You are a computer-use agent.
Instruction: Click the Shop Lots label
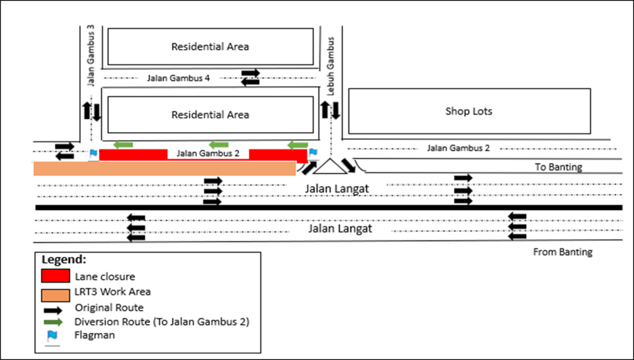[x=469, y=112]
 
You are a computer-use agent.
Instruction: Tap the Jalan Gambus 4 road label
[x=179, y=78]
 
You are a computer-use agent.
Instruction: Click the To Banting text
[x=558, y=167]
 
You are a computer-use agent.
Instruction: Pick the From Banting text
[x=563, y=252]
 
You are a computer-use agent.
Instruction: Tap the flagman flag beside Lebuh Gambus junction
[x=313, y=152]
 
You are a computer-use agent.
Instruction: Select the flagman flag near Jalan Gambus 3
[x=93, y=152]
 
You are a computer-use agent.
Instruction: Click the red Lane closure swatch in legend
[x=55, y=276]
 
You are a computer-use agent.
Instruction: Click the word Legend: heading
[x=64, y=259]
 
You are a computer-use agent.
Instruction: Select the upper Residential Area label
[x=210, y=46]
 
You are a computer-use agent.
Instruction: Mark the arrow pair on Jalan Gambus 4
[x=250, y=77]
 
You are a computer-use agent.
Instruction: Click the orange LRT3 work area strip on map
[x=164, y=169]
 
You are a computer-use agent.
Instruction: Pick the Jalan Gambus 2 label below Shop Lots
[x=458, y=148]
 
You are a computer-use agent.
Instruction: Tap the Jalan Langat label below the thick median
[x=340, y=229]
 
